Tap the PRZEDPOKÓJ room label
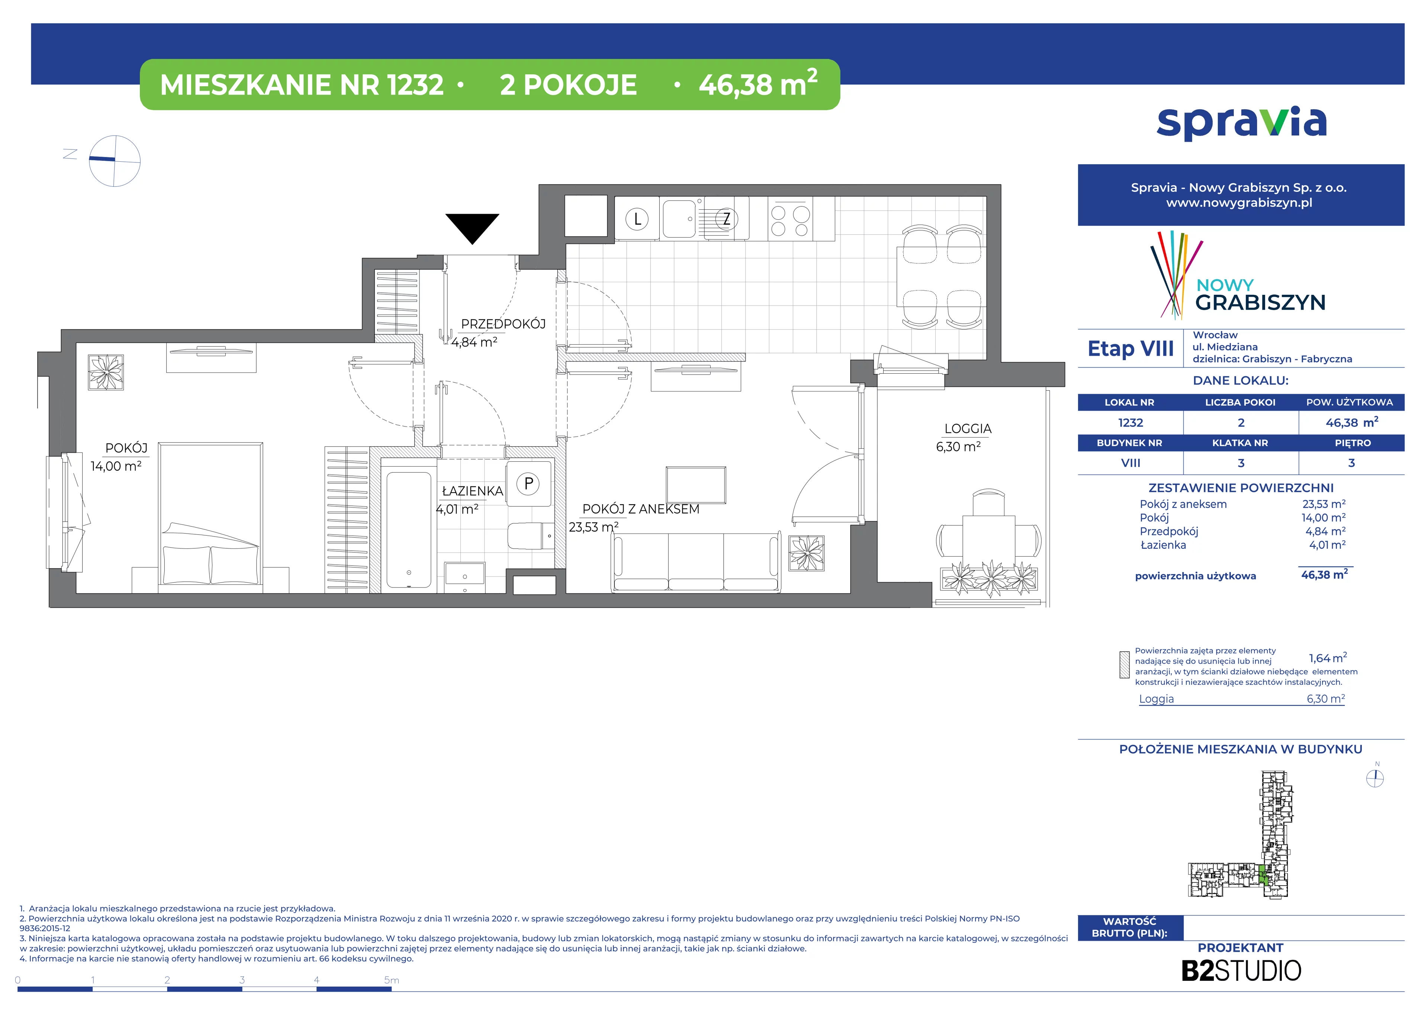coord(503,324)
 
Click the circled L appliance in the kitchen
coord(637,219)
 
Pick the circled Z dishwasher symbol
coord(726,219)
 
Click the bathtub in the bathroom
coord(409,529)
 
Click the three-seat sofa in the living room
coord(696,561)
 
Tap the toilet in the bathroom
coord(531,535)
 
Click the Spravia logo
coord(1241,123)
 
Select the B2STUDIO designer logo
coord(1241,970)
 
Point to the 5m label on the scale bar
coord(391,980)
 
